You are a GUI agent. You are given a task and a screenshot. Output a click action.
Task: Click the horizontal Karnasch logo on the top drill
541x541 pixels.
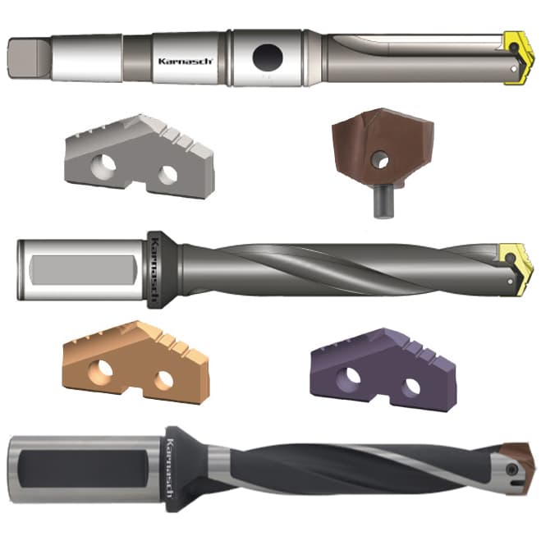click(186, 61)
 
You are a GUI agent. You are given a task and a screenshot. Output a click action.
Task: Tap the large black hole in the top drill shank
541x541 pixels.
click(268, 57)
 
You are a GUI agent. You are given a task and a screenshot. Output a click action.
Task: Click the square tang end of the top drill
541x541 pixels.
click(29, 58)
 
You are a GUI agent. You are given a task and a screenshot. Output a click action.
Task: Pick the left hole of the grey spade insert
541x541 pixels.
click(103, 167)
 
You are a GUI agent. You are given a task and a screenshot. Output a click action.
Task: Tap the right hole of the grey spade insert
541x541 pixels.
click(168, 175)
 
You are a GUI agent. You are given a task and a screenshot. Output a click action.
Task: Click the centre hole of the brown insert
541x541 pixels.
click(380, 160)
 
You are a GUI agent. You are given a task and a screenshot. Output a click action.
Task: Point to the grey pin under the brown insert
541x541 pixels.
click(384, 201)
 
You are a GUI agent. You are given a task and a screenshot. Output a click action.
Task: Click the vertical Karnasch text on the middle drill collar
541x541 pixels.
click(154, 269)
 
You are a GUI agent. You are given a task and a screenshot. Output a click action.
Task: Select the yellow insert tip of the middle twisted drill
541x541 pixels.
click(516, 269)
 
